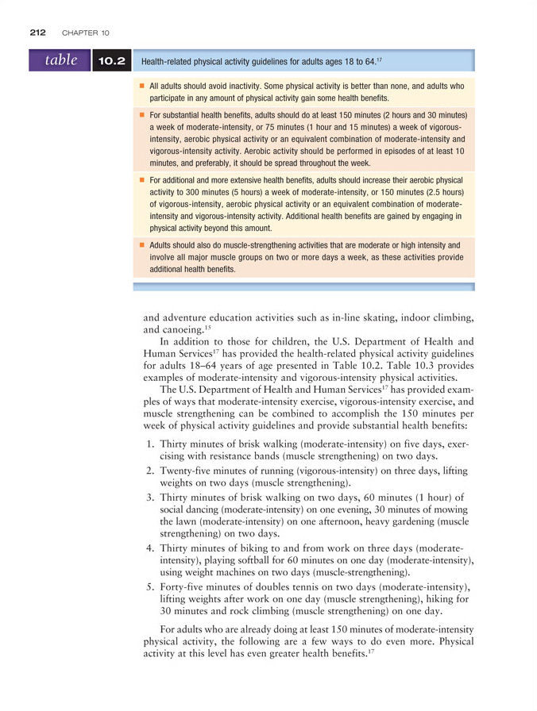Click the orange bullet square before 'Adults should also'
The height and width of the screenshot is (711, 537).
coord(142,246)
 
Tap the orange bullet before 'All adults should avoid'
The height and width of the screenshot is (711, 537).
coord(142,86)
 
